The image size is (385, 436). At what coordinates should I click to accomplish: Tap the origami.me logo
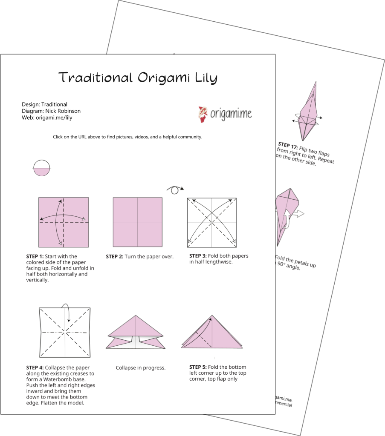(225, 114)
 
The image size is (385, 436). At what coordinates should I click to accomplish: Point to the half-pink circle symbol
(41, 167)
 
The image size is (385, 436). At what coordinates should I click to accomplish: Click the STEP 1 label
(35, 257)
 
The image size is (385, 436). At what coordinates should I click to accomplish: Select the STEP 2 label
(114, 257)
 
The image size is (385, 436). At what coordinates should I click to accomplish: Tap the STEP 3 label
(198, 256)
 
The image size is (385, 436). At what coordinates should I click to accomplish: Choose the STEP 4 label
(35, 367)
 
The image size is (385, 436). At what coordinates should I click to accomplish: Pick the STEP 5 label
(198, 367)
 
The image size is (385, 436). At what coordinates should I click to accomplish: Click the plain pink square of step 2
(137, 222)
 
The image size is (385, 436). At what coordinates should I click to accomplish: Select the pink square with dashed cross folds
(64, 222)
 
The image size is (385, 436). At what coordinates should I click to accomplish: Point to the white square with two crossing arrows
(212, 222)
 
